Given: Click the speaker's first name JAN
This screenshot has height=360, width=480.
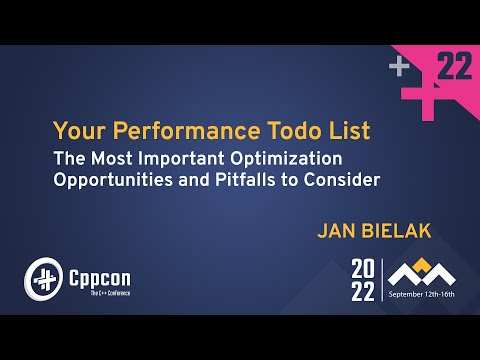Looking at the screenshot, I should point(335,230).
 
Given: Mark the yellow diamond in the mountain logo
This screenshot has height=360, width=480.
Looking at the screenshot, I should point(421,265).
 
